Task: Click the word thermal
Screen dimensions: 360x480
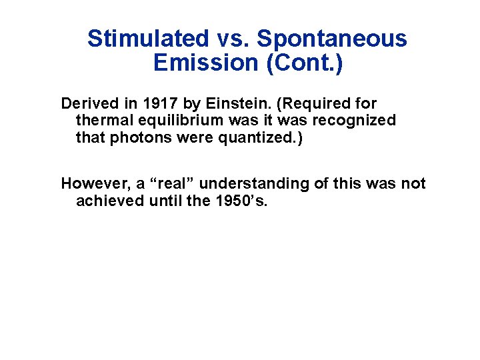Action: click(x=103, y=121)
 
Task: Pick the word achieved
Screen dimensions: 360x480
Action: click(x=106, y=201)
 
